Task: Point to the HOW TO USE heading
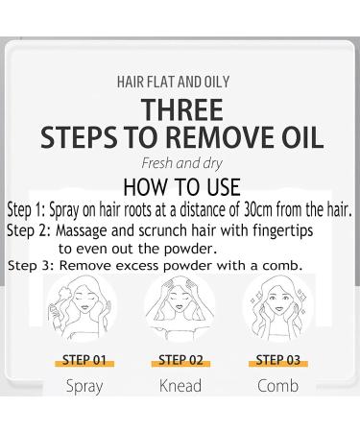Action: [181, 185]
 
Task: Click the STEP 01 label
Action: [84, 361]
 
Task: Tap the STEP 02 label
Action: [180, 361]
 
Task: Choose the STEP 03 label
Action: [276, 361]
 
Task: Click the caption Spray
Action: [84, 388]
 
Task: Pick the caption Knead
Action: [180, 388]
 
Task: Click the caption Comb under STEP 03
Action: [276, 388]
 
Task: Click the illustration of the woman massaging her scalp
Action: [180, 311]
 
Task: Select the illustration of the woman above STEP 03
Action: [276, 311]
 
